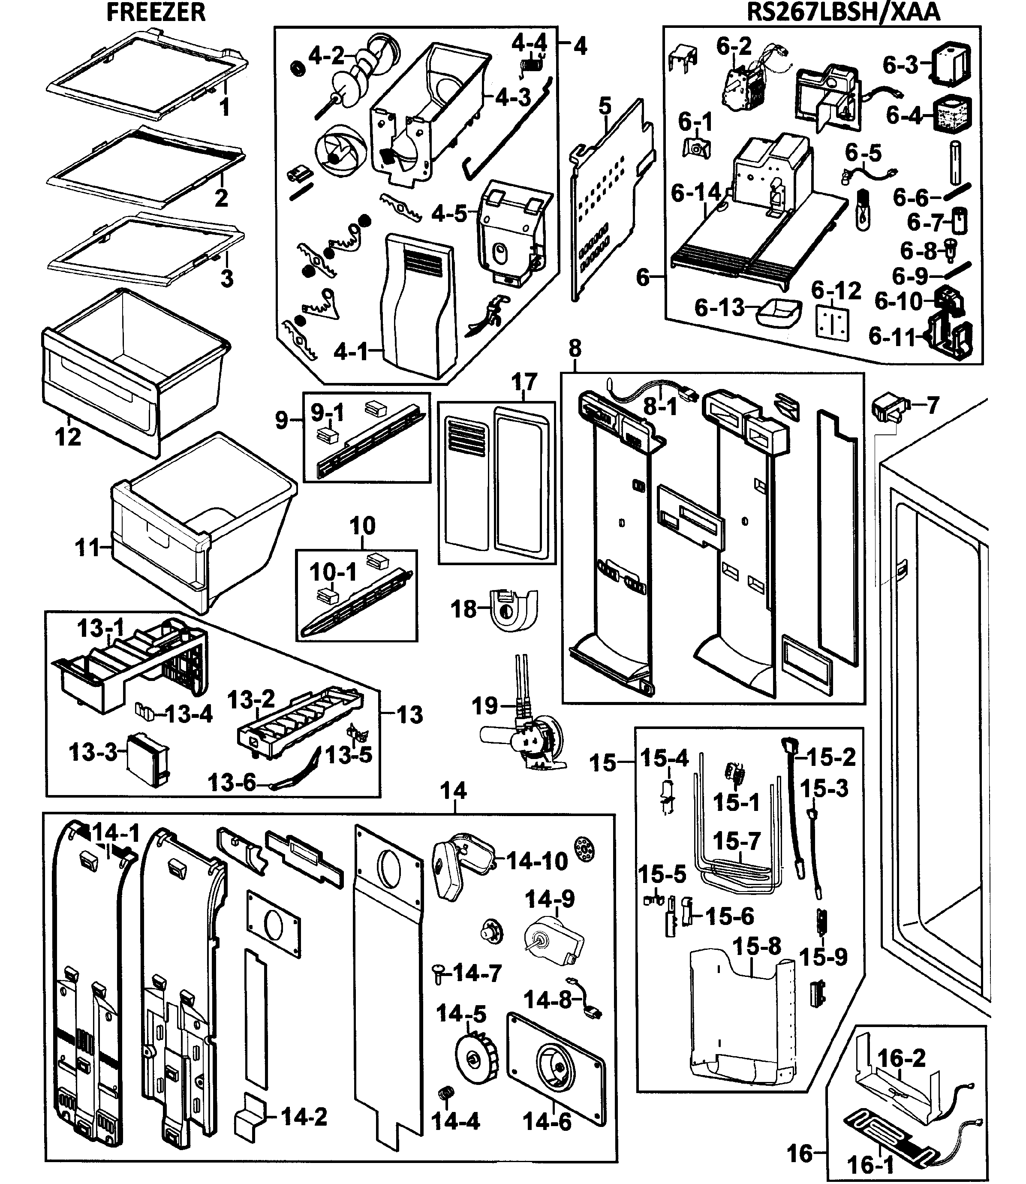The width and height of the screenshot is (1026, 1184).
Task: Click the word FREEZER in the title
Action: click(x=156, y=12)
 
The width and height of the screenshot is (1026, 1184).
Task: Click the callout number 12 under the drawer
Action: click(x=68, y=437)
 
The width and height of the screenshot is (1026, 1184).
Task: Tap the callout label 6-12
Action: click(x=836, y=291)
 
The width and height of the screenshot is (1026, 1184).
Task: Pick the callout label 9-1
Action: click(x=328, y=412)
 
